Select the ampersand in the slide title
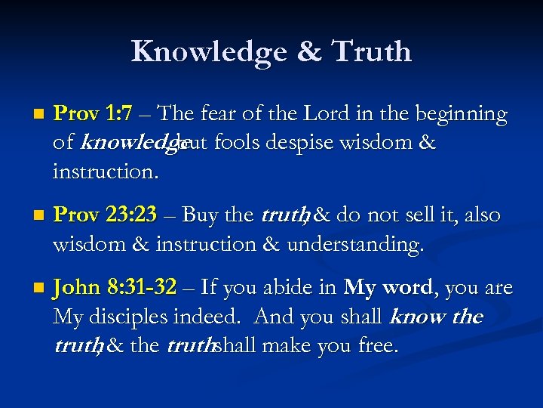(x=310, y=51)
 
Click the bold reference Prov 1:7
(x=93, y=114)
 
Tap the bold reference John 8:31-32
(x=115, y=287)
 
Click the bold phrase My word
(x=389, y=287)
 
